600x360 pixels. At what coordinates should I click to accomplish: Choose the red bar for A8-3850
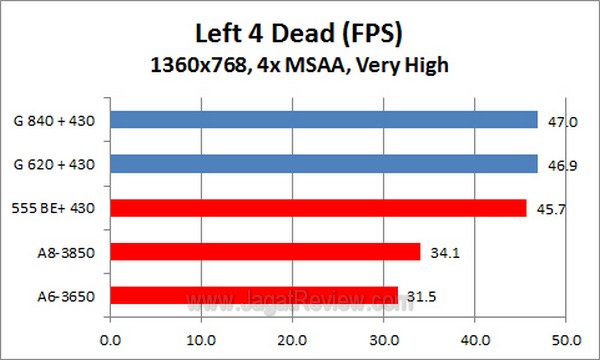(x=265, y=251)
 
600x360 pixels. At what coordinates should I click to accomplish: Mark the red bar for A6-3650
(x=254, y=295)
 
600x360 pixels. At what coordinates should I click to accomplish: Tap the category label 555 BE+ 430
(x=59, y=208)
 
